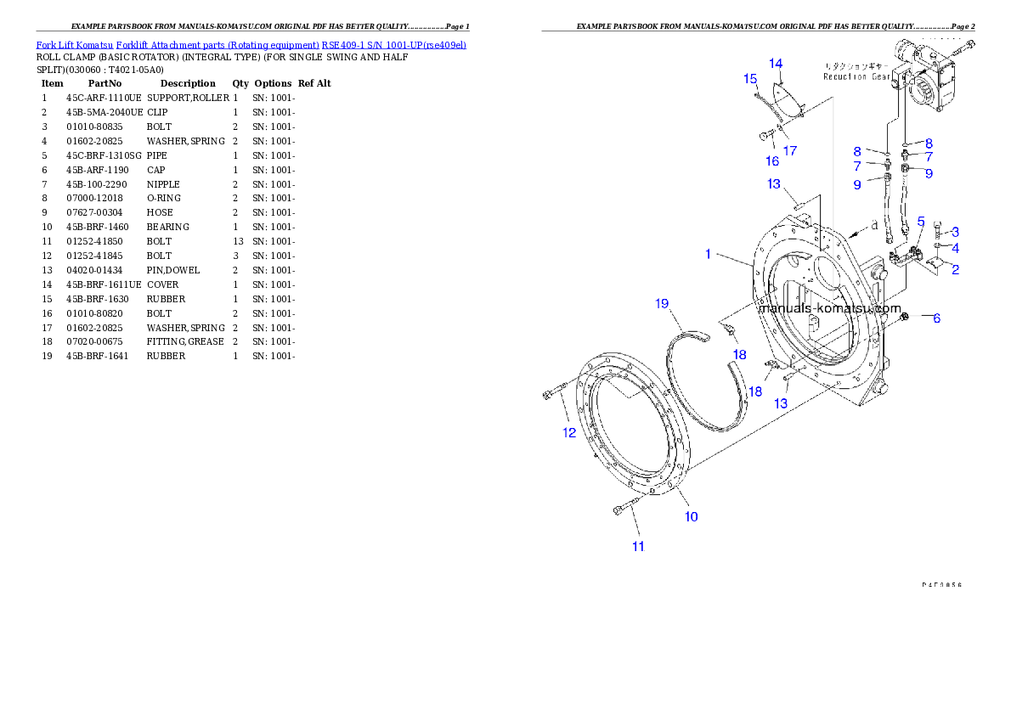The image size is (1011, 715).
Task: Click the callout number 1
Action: pyautogui.click(x=708, y=254)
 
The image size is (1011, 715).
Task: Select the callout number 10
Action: pyautogui.click(x=692, y=516)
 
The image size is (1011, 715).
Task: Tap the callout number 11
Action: pyautogui.click(x=638, y=547)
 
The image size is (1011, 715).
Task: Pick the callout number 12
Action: pyautogui.click(x=568, y=432)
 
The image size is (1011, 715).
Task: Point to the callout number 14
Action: pyautogui.click(x=776, y=64)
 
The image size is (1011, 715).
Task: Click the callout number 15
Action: pyautogui.click(x=750, y=79)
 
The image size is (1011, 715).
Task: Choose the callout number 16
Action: pyautogui.click(x=772, y=160)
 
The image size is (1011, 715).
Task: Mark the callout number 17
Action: pyautogui.click(x=790, y=151)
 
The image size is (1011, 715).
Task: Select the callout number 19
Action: pyautogui.click(x=663, y=303)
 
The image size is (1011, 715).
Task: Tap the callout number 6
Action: pyautogui.click(x=936, y=318)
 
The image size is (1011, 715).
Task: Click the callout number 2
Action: pyautogui.click(x=956, y=270)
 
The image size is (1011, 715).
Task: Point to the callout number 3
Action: pyautogui.click(x=956, y=231)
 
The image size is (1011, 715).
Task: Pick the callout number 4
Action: pyautogui.click(x=956, y=249)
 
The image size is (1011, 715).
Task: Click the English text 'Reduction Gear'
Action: pyautogui.click(x=856, y=76)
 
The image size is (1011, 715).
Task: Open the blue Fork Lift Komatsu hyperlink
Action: pyautogui.click(x=251, y=44)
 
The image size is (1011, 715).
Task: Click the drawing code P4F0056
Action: pyautogui.click(x=944, y=585)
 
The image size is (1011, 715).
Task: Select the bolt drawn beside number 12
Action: pyautogui.click(x=553, y=394)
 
